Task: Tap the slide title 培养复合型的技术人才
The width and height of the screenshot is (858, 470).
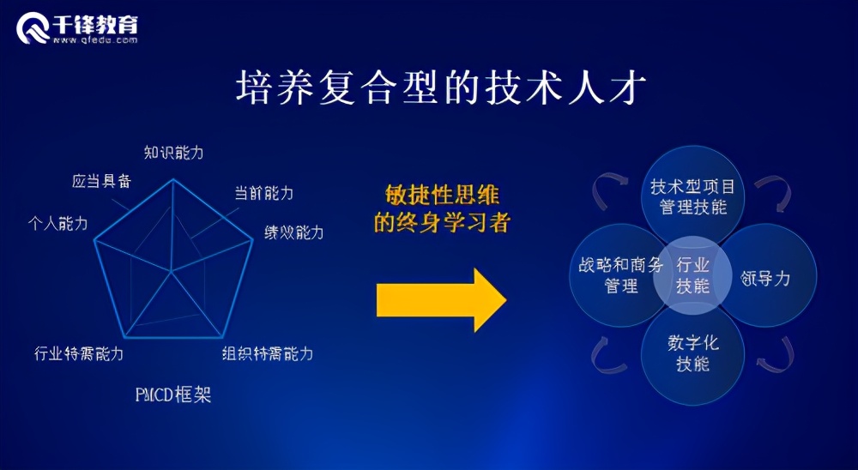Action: point(438,88)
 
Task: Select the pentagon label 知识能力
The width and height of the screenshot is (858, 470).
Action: point(173,153)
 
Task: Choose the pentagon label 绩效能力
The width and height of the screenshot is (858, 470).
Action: point(293,232)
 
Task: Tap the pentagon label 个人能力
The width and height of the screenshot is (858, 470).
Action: point(57,224)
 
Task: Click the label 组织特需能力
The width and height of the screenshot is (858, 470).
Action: point(267,353)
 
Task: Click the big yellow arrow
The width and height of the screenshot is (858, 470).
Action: point(441,299)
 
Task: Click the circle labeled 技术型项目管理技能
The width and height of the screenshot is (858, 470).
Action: point(692,196)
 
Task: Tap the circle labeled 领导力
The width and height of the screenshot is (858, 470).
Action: point(766,276)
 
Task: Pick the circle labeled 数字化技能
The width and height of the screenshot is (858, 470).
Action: point(692,353)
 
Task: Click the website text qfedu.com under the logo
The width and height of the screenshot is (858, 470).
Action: point(94,39)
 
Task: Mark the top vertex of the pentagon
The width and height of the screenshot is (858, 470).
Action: point(173,179)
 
